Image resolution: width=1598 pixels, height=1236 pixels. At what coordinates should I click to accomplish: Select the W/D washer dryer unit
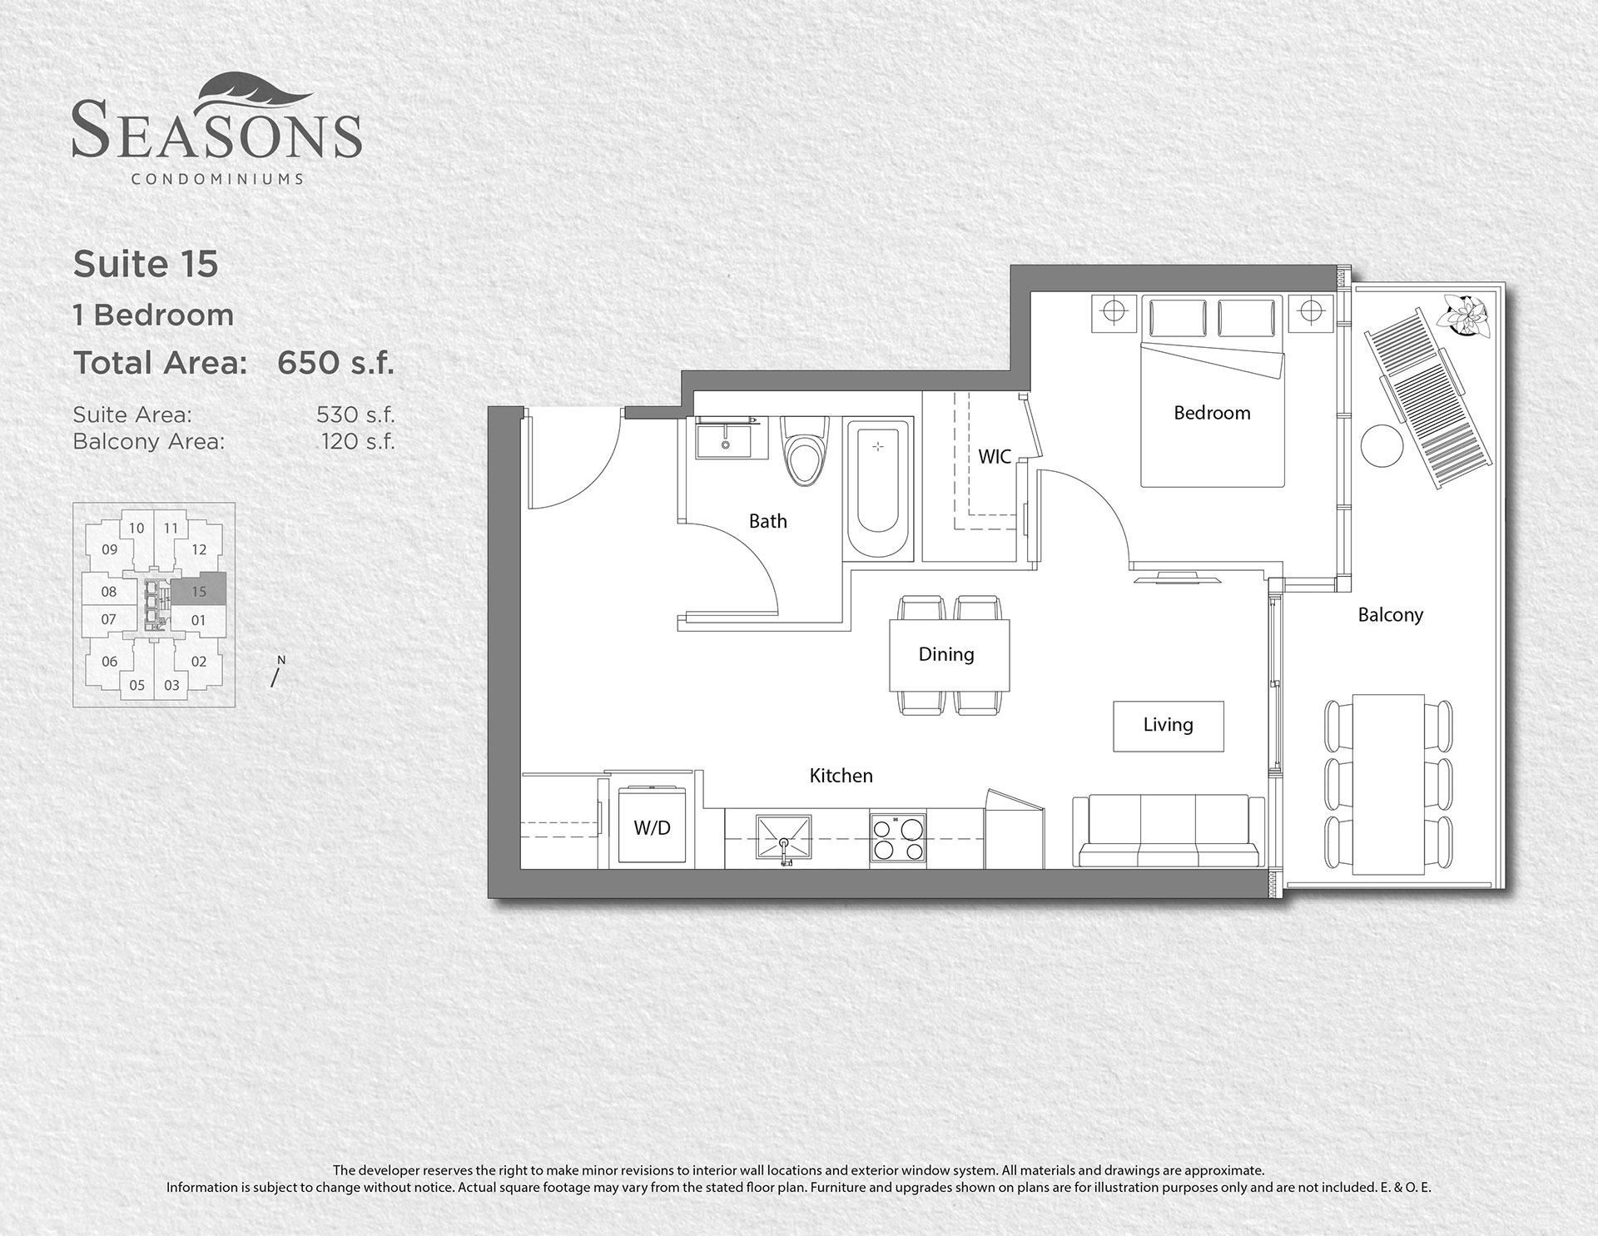[x=652, y=826]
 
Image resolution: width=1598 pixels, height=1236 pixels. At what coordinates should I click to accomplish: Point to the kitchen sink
[x=783, y=839]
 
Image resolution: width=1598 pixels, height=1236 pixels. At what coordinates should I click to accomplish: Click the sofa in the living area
[x=1169, y=831]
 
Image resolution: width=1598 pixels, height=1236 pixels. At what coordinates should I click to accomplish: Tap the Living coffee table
[x=1169, y=726]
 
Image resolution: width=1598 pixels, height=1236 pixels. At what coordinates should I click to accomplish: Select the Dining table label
[x=946, y=654]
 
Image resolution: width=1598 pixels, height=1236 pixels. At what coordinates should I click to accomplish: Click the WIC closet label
[x=995, y=456]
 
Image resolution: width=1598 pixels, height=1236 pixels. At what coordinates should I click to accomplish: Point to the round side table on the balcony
[x=1382, y=445]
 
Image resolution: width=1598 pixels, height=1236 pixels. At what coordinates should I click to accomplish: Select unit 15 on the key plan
[x=199, y=592]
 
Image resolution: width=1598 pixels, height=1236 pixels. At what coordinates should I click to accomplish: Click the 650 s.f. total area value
[x=335, y=363]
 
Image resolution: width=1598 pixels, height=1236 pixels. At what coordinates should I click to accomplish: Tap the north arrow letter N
[x=281, y=660]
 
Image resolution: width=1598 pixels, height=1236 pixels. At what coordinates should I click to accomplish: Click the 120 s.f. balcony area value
[x=358, y=441]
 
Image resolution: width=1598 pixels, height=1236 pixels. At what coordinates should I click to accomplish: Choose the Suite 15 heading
[x=146, y=264]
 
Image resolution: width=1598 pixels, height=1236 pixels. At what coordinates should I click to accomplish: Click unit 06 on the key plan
[x=110, y=662]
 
